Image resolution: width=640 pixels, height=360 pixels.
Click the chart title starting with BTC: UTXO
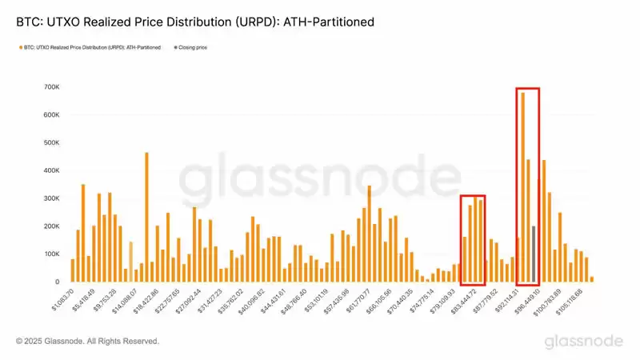195,22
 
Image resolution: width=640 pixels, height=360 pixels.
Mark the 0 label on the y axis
56,282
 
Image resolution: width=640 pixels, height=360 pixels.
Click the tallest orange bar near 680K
522,187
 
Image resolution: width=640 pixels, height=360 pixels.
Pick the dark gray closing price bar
534,254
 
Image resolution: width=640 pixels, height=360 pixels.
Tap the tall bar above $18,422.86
146,217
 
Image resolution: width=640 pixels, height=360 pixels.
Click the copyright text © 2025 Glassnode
87,342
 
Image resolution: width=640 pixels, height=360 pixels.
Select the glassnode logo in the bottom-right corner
583,342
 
